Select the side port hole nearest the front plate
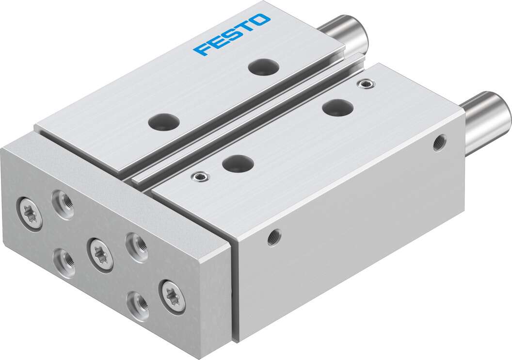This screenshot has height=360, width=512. [274, 236]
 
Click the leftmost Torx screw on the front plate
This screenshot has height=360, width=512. [31, 214]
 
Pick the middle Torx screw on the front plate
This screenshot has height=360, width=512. [100, 254]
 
